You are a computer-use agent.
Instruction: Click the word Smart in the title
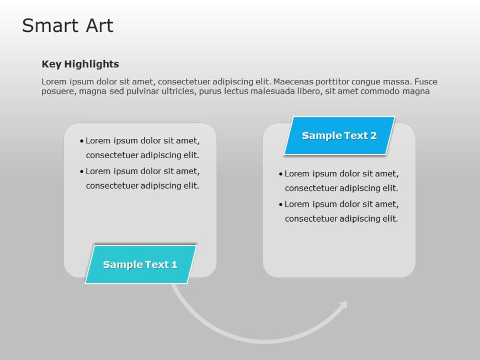(49, 25)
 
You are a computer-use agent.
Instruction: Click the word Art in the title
(99, 25)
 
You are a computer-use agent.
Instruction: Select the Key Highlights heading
(80, 64)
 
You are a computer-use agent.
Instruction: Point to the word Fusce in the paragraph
(425, 82)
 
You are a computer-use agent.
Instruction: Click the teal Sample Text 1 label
(140, 265)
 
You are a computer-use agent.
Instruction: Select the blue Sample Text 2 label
(339, 136)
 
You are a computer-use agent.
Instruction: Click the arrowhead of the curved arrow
(344, 304)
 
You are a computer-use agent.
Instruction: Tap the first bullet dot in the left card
(82, 141)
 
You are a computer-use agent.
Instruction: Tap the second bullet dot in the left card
(82, 171)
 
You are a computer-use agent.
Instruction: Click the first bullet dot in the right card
(280, 174)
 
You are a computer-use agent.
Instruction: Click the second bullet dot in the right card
(280, 205)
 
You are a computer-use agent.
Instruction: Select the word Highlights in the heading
(93, 64)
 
